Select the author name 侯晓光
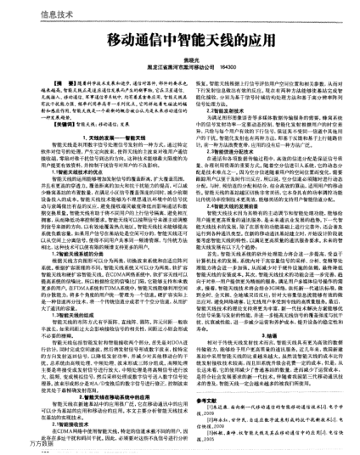179,59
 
